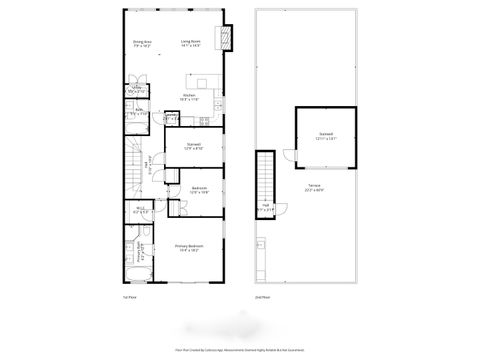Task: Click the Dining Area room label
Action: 141,43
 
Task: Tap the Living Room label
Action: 191,43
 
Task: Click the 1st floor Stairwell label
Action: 194,146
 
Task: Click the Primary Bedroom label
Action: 189,247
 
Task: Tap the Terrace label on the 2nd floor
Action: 314,188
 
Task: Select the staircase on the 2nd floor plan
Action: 265,180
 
